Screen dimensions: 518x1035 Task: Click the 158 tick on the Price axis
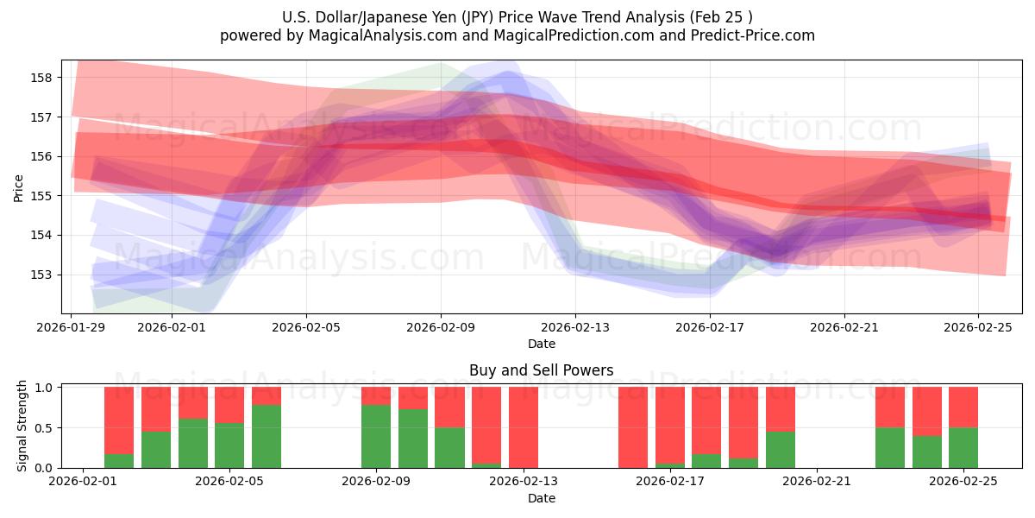(42, 78)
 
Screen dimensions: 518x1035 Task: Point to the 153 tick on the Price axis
(42, 275)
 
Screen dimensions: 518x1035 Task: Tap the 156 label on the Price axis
(42, 156)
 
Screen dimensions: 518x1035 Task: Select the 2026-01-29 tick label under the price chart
(71, 327)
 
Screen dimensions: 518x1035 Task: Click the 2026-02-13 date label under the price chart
(575, 327)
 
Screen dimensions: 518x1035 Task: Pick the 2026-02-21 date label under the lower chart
(816, 482)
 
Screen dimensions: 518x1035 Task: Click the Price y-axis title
(19, 186)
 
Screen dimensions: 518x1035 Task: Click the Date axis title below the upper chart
(542, 344)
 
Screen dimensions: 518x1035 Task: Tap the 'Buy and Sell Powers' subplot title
(542, 370)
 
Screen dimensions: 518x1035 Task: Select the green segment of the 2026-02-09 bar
(376, 436)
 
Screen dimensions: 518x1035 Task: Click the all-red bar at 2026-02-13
(524, 427)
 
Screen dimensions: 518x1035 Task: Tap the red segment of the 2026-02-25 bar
(963, 407)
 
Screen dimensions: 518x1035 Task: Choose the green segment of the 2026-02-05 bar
(267, 436)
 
